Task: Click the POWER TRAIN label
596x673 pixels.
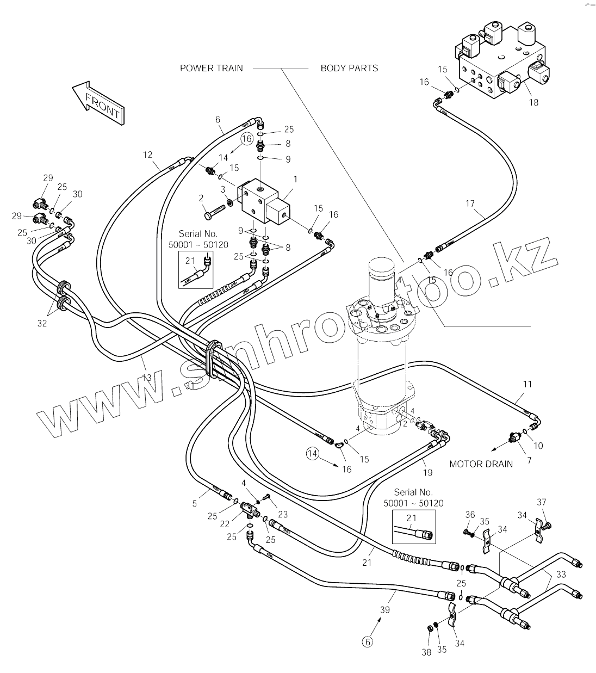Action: coord(212,68)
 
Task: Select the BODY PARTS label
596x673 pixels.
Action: coord(349,68)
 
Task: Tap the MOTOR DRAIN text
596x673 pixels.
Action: coord(481,464)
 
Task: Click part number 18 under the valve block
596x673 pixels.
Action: coord(533,102)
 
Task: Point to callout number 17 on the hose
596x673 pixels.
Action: coord(470,204)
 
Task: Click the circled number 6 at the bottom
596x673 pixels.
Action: coord(368,642)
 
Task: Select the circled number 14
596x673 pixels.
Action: coord(312,453)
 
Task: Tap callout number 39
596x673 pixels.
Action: coord(384,610)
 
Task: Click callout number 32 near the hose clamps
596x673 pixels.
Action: coord(42,323)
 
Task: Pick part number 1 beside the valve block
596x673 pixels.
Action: coord(295,179)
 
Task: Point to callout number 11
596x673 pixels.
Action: coord(527,384)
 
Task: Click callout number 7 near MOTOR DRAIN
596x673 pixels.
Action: coord(530,460)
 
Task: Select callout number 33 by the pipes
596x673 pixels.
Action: coord(561,574)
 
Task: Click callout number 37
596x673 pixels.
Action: coord(541,502)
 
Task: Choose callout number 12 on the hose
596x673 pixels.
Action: coord(148,155)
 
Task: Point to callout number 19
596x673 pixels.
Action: coord(428,472)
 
